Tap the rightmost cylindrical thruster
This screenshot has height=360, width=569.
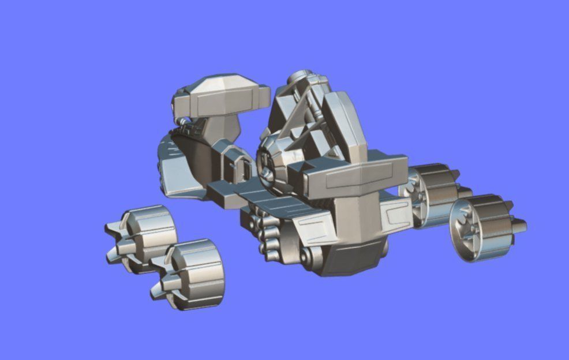coord(488,225)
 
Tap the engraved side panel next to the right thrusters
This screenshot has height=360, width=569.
coord(398,216)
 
